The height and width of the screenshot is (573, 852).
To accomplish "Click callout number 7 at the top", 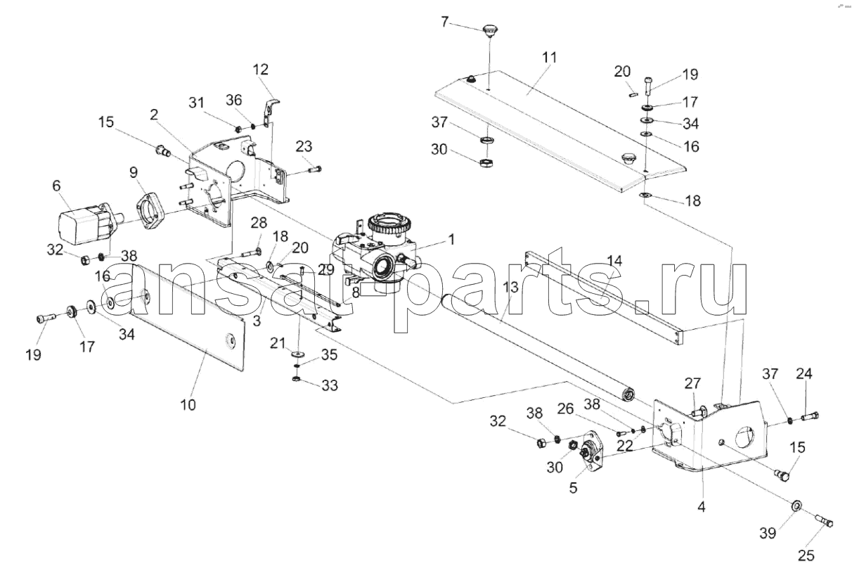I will click(444, 22).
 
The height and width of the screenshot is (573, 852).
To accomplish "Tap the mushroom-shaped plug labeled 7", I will click(489, 30).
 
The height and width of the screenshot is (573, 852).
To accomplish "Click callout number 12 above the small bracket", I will click(261, 70).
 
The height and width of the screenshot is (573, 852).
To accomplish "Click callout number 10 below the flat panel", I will click(188, 404).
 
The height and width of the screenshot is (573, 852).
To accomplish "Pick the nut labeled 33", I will click(297, 381).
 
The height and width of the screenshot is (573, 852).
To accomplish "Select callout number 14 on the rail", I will click(614, 262).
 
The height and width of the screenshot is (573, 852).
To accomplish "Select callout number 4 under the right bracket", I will click(701, 505).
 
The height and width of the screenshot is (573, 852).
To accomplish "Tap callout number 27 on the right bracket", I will click(693, 384).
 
